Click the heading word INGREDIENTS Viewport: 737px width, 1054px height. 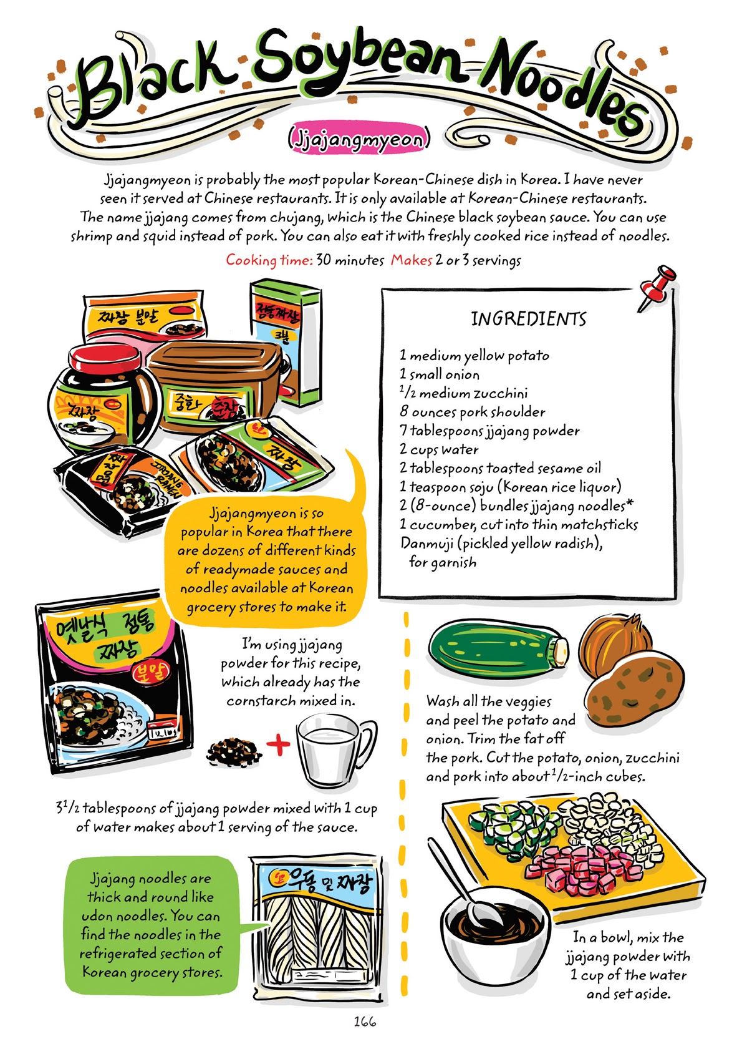coord(528,319)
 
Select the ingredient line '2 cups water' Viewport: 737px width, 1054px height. coord(439,449)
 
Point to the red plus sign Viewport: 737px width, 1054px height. coord(278,744)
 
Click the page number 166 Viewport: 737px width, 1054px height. coord(365,1022)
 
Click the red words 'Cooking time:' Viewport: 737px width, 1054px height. coord(269,260)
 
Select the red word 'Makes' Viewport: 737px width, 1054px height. coord(411,260)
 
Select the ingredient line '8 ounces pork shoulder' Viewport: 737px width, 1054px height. coord(472,412)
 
